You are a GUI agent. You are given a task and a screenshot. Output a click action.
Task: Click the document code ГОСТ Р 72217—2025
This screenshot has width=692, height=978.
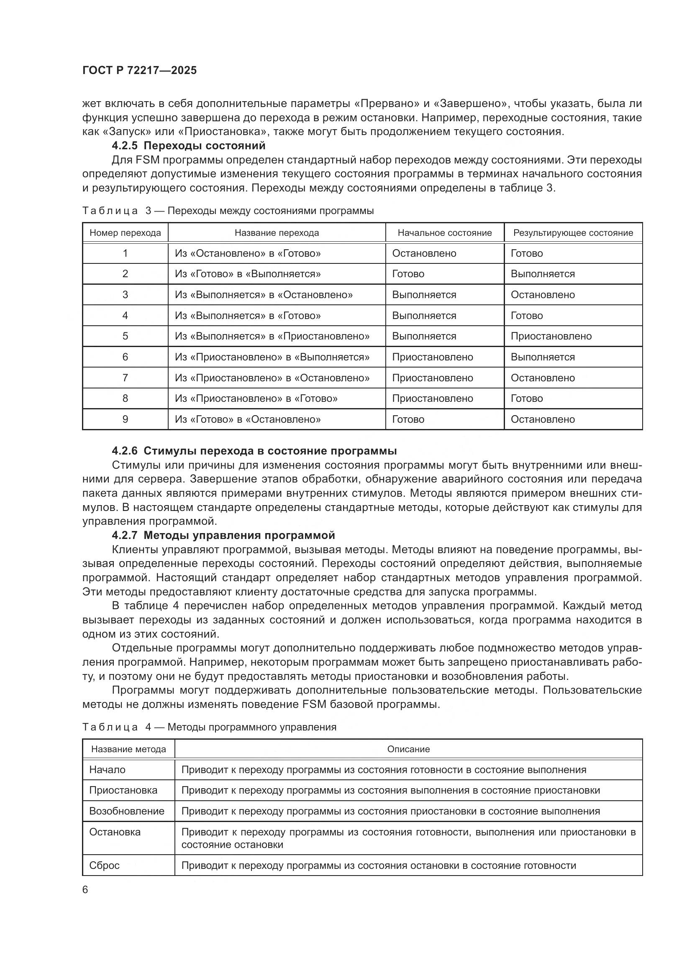pyautogui.click(x=140, y=71)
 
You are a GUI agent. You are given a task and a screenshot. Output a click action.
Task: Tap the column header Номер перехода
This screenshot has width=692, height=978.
pyautogui.click(x=125, y=233)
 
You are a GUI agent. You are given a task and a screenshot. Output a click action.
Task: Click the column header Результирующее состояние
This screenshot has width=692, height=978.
pyautogui.click(x=573, y=233)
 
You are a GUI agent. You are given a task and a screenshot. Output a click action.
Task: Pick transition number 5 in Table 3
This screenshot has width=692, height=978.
pyautogui.click(x=125, y=336)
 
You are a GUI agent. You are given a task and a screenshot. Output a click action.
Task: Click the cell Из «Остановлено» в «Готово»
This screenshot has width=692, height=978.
pyautogui.click(x=248, y=253)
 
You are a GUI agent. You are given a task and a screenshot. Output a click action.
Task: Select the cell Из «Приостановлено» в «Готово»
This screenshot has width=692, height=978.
pyautogui.click(x=256, y=398)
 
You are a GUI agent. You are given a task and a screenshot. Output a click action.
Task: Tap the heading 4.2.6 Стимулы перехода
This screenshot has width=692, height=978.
pyautogui.click(x=254, y=451)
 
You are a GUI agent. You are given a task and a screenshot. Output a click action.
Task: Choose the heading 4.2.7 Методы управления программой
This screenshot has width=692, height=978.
pyautogui.click(x=223, y=535)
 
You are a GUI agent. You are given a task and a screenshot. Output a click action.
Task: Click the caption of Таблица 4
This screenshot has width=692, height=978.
pyautogui.click(x=209, y=727)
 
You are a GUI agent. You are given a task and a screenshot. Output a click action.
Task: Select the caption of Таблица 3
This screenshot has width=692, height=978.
pyautogui.click(x=228, y=211)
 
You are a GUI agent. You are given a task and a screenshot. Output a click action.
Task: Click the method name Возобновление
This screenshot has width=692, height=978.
pyautogui.click(x=126, y=811)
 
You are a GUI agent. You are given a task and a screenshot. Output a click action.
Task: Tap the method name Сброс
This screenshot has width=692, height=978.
pyautogui.click(x=105, y=865)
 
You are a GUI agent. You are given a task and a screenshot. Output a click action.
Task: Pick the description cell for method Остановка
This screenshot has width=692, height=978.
pyautogui.click(x=408, y=838)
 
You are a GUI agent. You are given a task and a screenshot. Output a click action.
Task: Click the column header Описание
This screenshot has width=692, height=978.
pyautogui.click(x=408, y=749)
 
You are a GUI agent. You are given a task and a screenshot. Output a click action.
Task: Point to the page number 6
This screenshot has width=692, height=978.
pyautogui.click(x=85, y=890)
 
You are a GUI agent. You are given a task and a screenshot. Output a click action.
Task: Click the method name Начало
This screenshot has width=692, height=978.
pyautogui.click(x=108, y=770)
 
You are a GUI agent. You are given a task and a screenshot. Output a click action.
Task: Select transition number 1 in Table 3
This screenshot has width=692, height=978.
pyautogui.click(x=125, y=253)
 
